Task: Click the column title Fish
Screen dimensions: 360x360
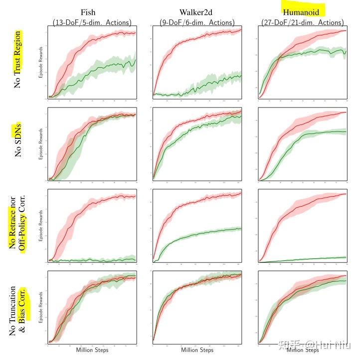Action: pos(91,12)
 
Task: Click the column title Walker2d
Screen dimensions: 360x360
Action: pos(197,12)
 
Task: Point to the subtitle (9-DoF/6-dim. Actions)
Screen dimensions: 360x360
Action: pos(197,22)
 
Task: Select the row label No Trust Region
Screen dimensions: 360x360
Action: pos(18,60)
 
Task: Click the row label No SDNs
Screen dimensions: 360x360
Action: pos(18,141)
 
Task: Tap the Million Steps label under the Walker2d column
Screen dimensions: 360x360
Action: pos(197,350)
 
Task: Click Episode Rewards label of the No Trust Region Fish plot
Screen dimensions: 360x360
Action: pos(41,62)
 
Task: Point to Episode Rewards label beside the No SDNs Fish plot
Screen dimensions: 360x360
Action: pos(41,143)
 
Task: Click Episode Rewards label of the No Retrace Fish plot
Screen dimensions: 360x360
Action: pos(41,224)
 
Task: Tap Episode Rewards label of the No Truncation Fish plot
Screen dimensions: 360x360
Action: pos(41,306)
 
